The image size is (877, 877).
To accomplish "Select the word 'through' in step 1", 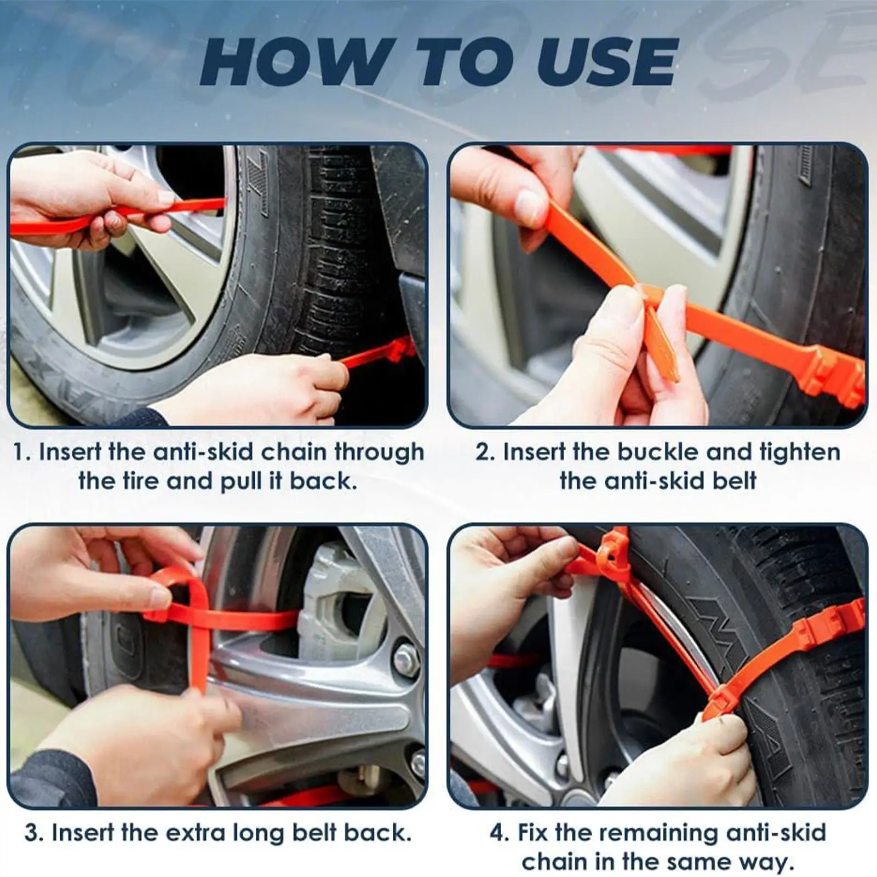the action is tap(379, 453).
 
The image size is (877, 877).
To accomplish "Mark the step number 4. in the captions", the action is tap(501, 833).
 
